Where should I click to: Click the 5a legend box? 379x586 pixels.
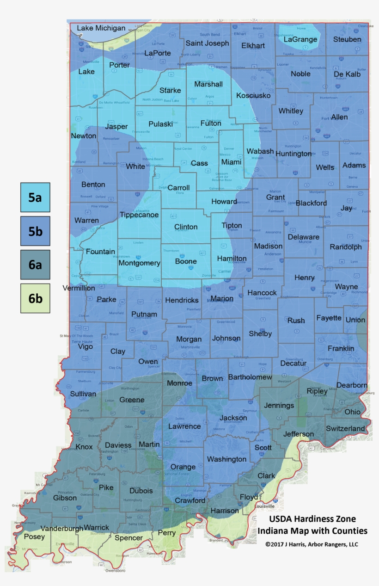[35, 197]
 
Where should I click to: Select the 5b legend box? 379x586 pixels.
[35, 231]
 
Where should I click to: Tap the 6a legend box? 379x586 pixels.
[35, 265]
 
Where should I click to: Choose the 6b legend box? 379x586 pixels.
[35, 298]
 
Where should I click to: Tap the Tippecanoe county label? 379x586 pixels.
[139, 215]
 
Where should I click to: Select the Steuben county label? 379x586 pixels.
[347, 39]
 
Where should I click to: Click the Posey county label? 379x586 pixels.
[34, 537]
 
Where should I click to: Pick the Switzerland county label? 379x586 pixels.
[345, 429]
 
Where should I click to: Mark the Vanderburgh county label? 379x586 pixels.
[62, 528]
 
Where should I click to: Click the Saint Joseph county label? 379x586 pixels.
[207, 43]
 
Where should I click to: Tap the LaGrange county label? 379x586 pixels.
[300, 39]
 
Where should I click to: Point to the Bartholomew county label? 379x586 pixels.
[250, 377]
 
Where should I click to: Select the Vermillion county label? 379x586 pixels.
[79, 288]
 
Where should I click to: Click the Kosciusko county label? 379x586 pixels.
[253, 95]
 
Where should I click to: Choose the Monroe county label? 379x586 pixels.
[179, 383]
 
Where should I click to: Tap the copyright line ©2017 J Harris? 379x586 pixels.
[312, 544]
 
